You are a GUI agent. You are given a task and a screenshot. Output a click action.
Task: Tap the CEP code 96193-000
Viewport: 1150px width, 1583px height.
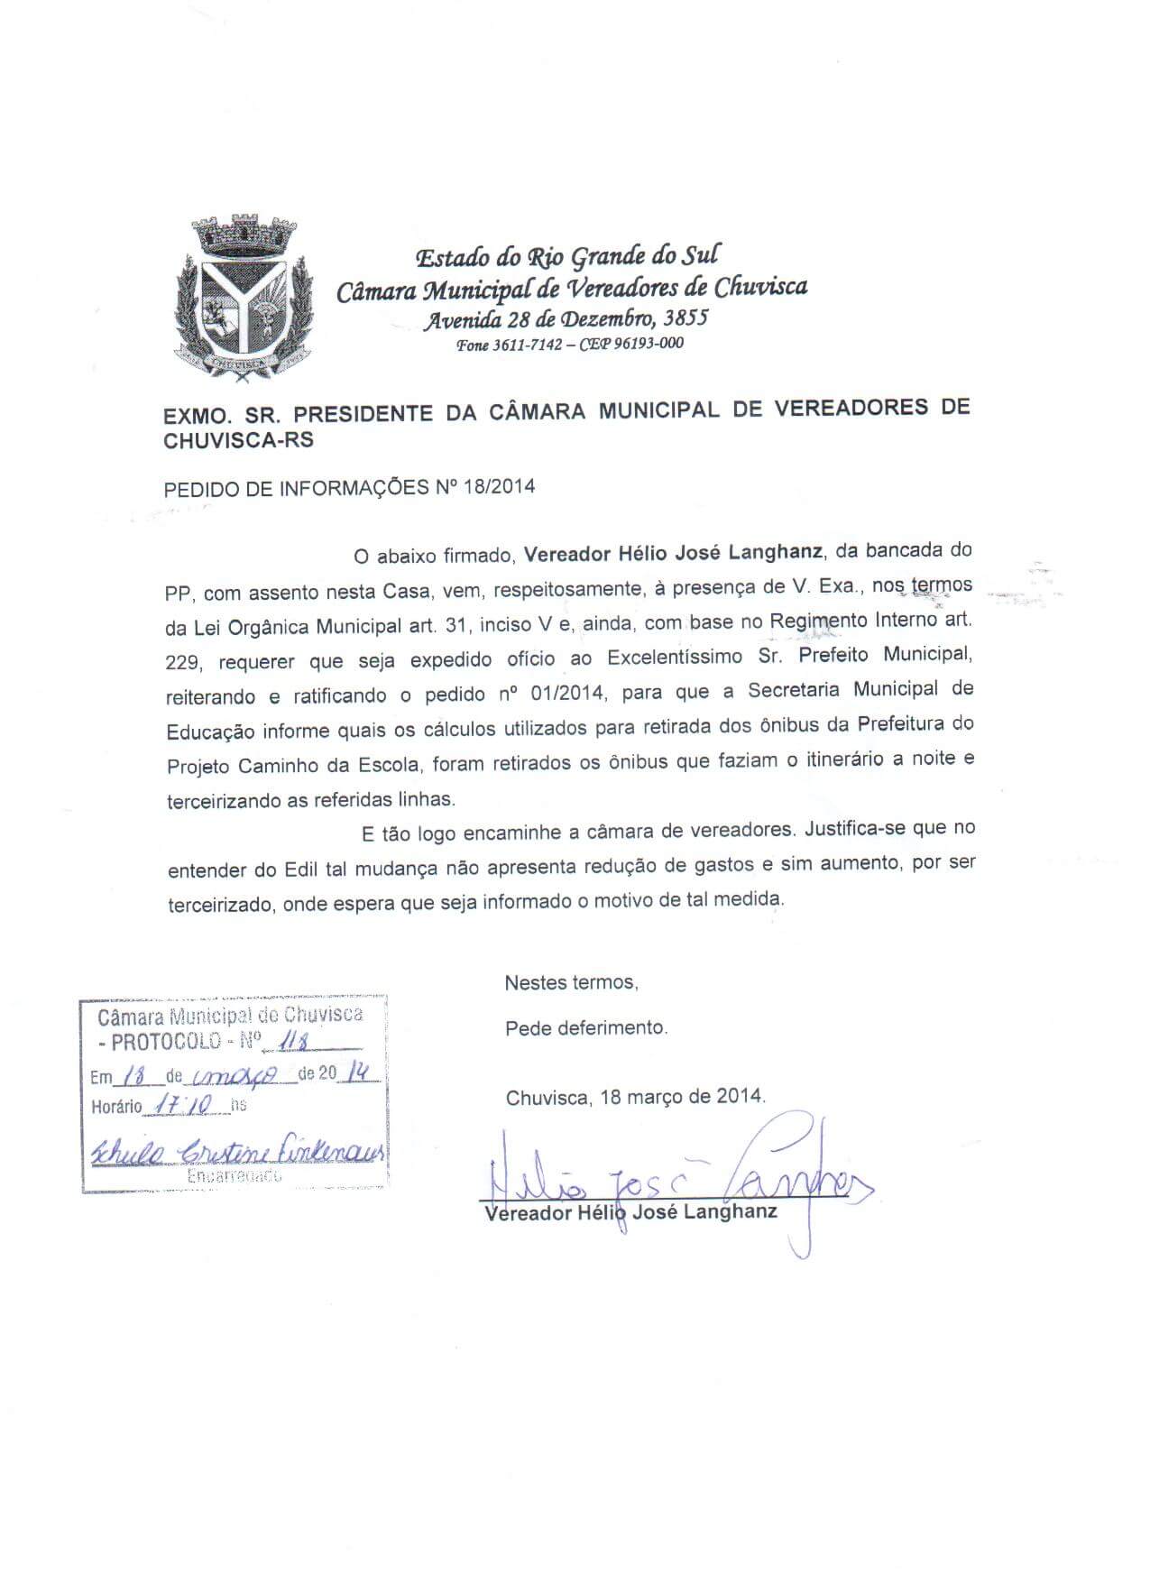(x=649, y=344)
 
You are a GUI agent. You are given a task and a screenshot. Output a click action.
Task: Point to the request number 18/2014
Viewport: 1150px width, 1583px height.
(x=499, y=487)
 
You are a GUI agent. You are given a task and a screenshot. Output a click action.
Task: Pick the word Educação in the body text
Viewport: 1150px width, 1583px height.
(x=210, y=730)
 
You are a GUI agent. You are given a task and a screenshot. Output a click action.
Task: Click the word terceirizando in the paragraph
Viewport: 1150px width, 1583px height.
(x=222, y=799)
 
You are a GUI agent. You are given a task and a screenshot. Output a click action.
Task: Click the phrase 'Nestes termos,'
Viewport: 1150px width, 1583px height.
(x=571, y=982)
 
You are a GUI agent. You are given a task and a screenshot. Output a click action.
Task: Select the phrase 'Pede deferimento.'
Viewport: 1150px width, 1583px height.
(x=586, y=1027)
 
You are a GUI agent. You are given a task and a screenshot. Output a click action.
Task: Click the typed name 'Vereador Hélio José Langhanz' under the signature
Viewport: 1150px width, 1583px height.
(x=630, y=1213)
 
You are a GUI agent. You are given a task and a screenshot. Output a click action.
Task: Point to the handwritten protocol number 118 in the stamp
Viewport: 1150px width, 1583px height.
(x=293, y=1043)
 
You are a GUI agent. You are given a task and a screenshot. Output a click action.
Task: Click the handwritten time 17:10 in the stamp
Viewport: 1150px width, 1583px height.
(x=183, y=1103)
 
